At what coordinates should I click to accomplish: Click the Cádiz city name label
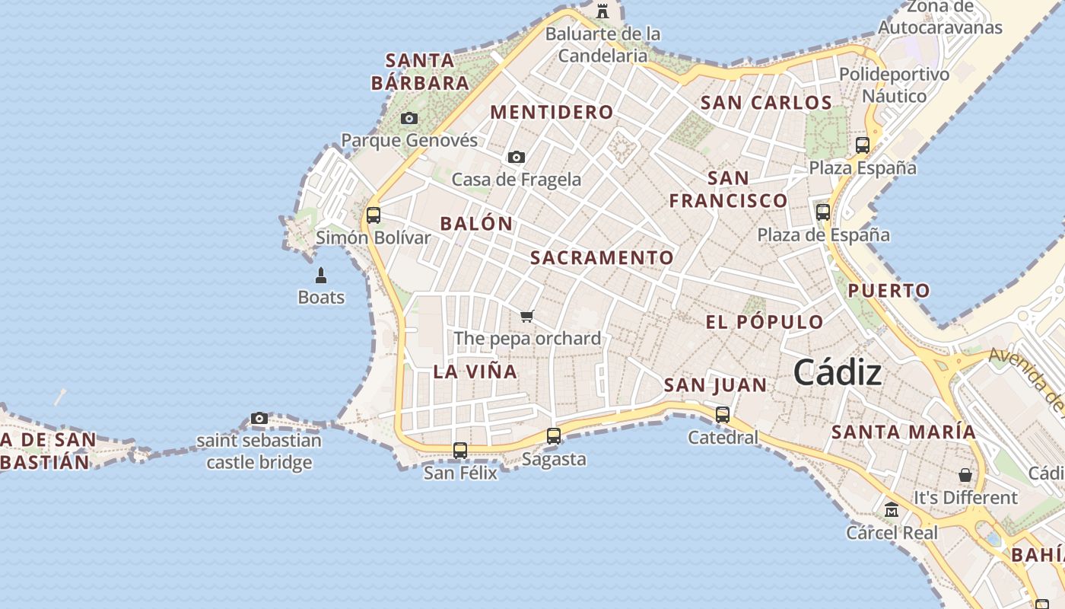point(838,373)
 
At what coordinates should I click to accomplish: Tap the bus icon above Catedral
point(723,415)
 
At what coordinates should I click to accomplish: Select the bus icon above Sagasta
point(554,436)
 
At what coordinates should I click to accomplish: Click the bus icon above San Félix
point(460,450)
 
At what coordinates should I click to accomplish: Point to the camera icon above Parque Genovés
point(409,118)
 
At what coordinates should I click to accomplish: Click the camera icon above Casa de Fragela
point(517,157)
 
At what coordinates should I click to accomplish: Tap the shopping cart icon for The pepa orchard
point(527,316)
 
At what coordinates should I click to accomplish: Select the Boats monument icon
point(321,275)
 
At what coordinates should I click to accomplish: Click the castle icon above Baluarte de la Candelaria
point(602,11)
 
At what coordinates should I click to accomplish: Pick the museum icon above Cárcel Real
point(892,509)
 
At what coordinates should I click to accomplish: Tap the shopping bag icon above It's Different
point(965,475)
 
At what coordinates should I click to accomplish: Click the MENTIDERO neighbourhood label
point(552,113)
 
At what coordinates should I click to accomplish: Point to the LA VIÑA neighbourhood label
point(475,372)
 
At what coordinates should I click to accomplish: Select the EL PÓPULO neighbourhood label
point(765,322)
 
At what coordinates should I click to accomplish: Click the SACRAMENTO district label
point(602,258)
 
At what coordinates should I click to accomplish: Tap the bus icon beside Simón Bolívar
point(373,215)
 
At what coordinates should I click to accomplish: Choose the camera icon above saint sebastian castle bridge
point(259,418)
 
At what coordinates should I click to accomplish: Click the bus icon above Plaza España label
point(863,145)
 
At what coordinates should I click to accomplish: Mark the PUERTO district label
point(889,291)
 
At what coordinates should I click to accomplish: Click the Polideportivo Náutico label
point(894,85)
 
